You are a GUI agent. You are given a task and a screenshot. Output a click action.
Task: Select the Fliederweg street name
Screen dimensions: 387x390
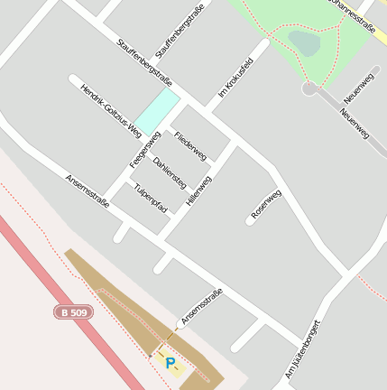(x=190, y=143)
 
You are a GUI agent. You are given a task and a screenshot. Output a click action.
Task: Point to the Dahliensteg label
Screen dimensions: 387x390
(x=170, y=171)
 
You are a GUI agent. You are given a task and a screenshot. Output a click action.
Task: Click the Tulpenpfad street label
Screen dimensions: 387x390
(x=151, y=198)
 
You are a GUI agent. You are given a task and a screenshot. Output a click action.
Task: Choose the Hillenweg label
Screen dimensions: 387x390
(x=198, y=191)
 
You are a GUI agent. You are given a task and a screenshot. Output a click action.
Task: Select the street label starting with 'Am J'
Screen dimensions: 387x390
(x=304, y=348)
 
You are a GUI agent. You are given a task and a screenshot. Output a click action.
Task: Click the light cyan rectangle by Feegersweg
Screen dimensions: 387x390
(x=156, y=110)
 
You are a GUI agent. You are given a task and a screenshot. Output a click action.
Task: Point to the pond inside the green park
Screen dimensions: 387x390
(x=305, y=42)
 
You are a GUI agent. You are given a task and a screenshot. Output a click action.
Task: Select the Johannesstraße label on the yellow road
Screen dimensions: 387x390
(x=353, y=15)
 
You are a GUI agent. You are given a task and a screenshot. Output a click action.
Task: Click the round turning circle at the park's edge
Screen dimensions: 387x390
(x=309, y=88)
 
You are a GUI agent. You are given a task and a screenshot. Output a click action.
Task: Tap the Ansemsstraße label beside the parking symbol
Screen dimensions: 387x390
(x=201, y=306)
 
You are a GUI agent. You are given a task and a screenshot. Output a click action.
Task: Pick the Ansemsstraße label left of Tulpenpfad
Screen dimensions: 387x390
(x=88, y=191)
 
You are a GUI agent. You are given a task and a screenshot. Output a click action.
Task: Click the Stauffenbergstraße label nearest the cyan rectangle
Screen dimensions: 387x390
(x=144, y=58)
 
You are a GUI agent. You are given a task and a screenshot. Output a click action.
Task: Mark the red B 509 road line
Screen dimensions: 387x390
(x=54, y=289)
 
